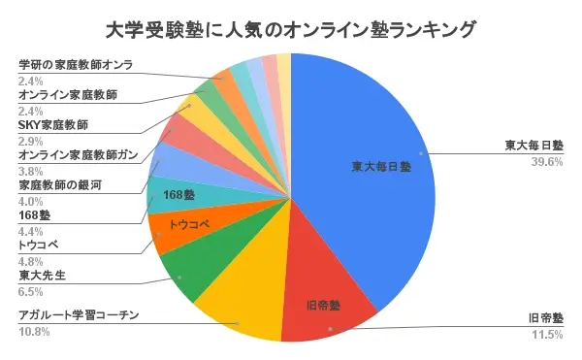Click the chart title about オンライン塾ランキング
point(290,30)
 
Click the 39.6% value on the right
point(547,162)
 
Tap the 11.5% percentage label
point(547,335)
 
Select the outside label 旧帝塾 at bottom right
point(545,318)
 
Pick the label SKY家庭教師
point(53,126)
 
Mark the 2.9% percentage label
point(31,142)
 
